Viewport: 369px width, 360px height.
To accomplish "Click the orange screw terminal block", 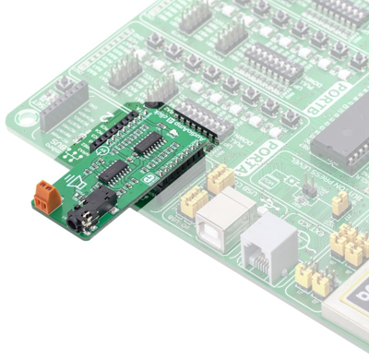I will (x=44, y=195).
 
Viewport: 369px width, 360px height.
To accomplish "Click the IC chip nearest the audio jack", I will (x=113, y=171).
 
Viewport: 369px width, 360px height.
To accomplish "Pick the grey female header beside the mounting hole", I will (x=62, y=102).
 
